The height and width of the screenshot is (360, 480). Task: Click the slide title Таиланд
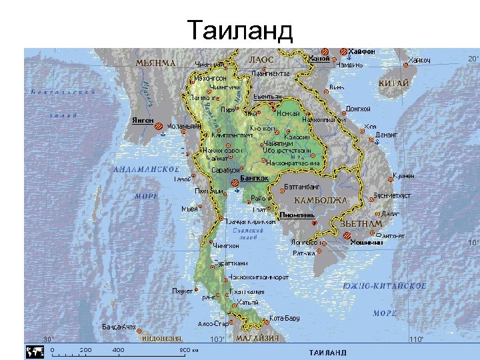coord(240,30)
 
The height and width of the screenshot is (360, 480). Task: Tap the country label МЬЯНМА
coord(155,63)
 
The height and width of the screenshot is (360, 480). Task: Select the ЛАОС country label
coord(261,60)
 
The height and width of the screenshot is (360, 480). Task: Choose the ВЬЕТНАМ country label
coord(361,224)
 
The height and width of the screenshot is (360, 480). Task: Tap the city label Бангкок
coord(254,178)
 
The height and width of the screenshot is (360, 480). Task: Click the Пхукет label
coord(182,291)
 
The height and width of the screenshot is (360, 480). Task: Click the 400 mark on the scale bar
coord(118,350)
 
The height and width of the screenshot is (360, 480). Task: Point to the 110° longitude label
coord(416,339)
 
